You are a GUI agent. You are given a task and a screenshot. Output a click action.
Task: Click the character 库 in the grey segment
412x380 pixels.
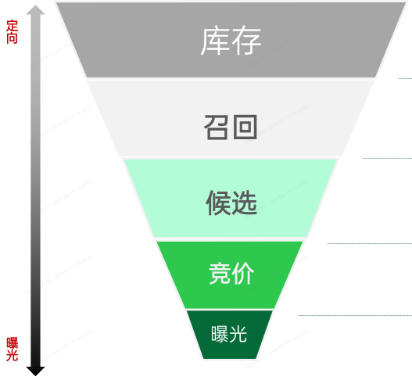tap(216, 40)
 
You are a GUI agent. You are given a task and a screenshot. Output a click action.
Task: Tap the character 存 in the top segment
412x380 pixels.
tap(246, 40)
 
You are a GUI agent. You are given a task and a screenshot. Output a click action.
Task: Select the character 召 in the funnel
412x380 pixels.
tap(217, 127)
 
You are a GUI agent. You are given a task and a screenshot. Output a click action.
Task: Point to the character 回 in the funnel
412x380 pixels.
tap(245, 127)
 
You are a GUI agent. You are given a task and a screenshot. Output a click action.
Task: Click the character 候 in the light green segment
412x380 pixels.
tap(218, 203)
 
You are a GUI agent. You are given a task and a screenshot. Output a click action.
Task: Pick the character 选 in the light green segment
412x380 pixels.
tap(244, 203)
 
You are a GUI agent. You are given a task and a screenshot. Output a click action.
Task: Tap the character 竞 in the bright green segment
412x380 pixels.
tap(220, 274)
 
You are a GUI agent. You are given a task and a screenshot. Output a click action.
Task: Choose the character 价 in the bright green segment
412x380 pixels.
tap(243, 274)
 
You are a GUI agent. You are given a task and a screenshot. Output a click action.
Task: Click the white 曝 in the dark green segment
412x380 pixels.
tap(220, 334)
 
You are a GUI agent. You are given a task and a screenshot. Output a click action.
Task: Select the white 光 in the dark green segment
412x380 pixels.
tap(238, 334)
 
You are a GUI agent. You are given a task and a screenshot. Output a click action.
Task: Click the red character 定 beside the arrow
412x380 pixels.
tap(12, 26)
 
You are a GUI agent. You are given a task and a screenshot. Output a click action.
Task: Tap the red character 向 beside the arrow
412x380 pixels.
tap(12, 38)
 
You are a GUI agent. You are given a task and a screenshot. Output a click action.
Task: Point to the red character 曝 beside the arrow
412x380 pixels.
tap(12, 343)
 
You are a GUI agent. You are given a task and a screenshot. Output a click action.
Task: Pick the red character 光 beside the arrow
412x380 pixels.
tap(12, 356)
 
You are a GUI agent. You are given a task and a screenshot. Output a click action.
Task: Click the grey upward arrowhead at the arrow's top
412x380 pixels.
tap(35, 10)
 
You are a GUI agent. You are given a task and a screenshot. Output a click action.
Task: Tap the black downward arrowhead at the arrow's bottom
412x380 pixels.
tap(35, 371)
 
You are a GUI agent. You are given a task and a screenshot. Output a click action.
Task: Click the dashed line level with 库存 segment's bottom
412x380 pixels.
tap(405, 78)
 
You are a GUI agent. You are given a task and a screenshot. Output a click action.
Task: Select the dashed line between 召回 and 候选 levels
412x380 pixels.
tap(387, 158)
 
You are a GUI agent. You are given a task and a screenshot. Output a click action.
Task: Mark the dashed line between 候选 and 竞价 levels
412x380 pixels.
tap(370, 243)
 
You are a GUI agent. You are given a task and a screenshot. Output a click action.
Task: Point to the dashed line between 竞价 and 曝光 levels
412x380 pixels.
tap(355, 315)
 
